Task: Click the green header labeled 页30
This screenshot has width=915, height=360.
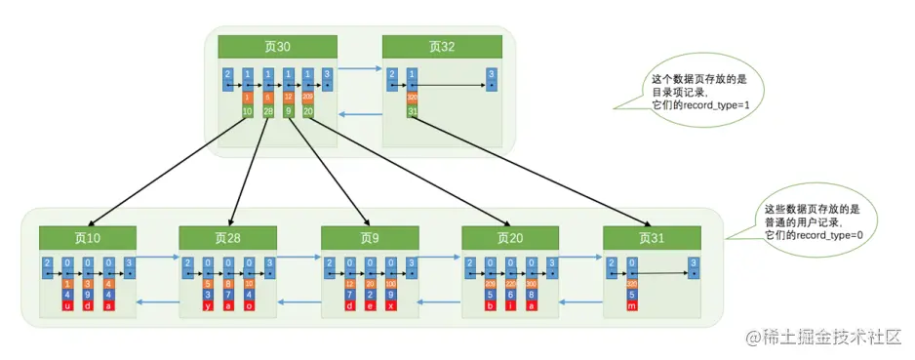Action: (277, 47)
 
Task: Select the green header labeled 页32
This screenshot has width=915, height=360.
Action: (441, 47)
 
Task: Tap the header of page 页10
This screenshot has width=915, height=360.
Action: (88, 237)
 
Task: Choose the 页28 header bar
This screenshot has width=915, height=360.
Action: (227, 237)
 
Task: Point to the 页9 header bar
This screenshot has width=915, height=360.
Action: (370, 237)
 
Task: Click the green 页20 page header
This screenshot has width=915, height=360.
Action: (510, 237)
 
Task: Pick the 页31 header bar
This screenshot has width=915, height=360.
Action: (652, 237)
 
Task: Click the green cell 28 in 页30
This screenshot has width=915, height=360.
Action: (268, 111)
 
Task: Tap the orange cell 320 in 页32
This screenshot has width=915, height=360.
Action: (413, 99)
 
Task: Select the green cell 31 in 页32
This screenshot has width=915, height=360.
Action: (413, 111)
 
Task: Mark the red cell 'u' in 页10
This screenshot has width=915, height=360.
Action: (67, 306)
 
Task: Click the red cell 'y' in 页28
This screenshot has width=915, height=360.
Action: (208, 306)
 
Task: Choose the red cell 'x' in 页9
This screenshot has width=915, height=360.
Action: (391, 306)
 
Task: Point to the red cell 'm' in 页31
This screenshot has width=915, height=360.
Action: (632, 306)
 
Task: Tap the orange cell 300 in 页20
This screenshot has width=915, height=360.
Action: (532, 284)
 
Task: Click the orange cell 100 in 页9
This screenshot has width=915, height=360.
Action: (391, 284)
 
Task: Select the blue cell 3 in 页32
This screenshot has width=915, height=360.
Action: (493, 79)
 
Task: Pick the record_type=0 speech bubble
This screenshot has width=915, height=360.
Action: (812, 222)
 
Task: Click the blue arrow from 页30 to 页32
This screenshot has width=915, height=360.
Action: (359, 69)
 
